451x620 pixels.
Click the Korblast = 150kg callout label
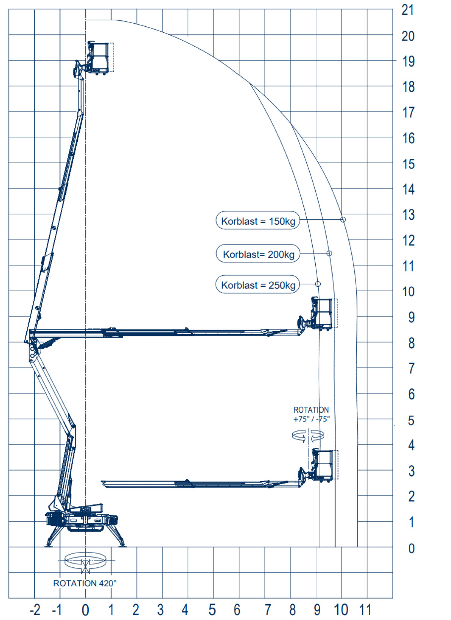[x=258, y=220]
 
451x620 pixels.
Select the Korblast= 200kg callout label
[x=258, y=254]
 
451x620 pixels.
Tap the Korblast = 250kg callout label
[x=258, y=284]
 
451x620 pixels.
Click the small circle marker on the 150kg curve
[x=343, y=219]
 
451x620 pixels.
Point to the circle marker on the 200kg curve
[x=329, y=253]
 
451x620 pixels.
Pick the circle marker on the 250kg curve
[x=318, y=284]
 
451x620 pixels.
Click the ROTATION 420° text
[x=85, y=584]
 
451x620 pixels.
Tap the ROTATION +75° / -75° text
[x=311, y=414]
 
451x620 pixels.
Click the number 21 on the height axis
[x=407, y=10]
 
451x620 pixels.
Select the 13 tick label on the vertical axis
[x=409, y=215]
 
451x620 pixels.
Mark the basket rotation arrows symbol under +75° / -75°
[x=308, y=436]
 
